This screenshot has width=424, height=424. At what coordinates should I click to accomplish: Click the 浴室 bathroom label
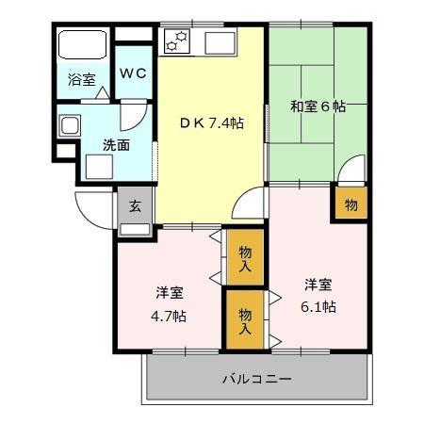click(81, 80)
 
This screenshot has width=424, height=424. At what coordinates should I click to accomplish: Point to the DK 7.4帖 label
click(212, 122)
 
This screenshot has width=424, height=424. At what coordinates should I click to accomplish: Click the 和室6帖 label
click(317, 106)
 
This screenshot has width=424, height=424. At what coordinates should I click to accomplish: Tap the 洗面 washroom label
click(116, 145)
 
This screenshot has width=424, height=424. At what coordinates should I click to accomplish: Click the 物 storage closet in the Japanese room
click(350, 204)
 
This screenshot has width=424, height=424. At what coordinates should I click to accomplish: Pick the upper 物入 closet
click(244, 256)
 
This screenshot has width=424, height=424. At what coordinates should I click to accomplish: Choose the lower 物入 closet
click(244, 320)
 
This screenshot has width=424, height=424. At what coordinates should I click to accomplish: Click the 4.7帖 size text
click(171, 316)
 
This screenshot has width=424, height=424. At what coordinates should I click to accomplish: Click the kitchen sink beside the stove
click(216, 41)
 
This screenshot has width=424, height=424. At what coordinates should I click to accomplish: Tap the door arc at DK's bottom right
click(250, 203)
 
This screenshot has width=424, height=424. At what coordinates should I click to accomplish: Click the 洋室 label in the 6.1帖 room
click(318, 284)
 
